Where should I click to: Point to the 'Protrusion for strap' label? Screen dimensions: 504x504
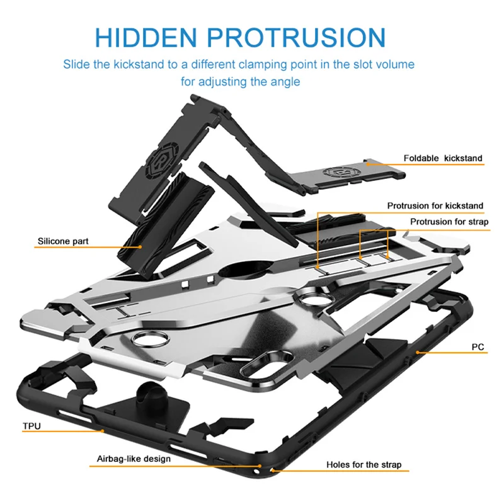pyautogui.click(x=449, y=222)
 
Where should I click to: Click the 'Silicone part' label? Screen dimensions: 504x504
pyautogui.click(x=63, y=241)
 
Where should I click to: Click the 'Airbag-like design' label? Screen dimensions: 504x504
pyautogui.click(x=134, y=459)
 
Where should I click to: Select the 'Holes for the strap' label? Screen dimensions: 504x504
pyautogui.click(x=364, y=465)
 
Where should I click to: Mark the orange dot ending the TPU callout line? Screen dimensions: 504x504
pyautogui.click(x=103, y=432)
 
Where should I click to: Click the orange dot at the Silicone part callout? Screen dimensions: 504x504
pyautogui.click(x=140, y=246)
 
